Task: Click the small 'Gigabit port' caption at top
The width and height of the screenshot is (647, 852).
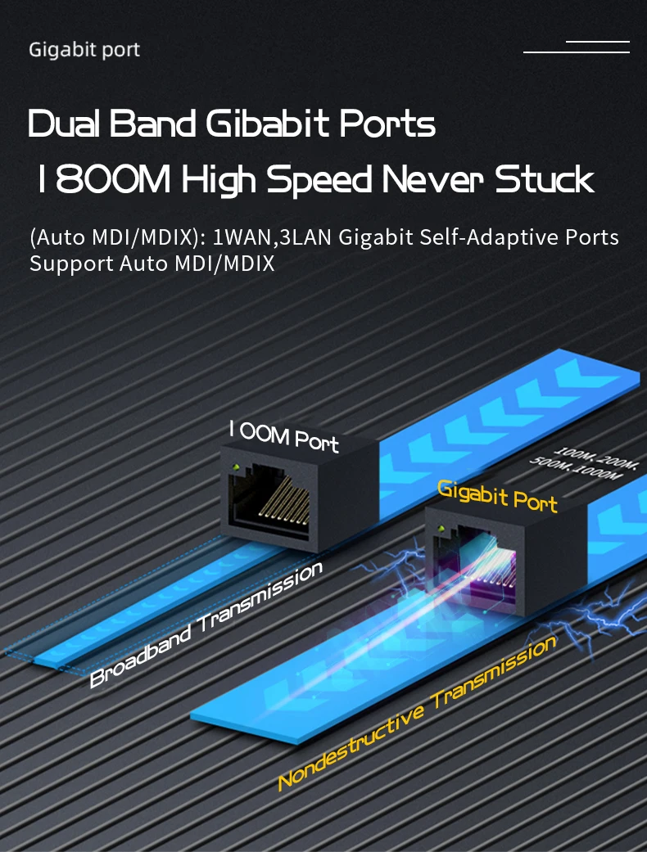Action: tap(84, 50)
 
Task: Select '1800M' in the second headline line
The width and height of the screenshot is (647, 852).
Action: tap(103, 180)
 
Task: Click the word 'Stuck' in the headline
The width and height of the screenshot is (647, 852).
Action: tap(544, 180)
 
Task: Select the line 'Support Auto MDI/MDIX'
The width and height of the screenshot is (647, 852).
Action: tap(152, 264)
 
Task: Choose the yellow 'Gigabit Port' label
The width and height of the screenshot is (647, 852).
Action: tap(497, 496)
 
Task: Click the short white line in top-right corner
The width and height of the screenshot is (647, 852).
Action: tap(598, 40)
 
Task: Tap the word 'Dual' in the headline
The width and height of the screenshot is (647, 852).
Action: tap(66, 124)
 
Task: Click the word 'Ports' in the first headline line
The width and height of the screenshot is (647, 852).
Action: tap(387, 124)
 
